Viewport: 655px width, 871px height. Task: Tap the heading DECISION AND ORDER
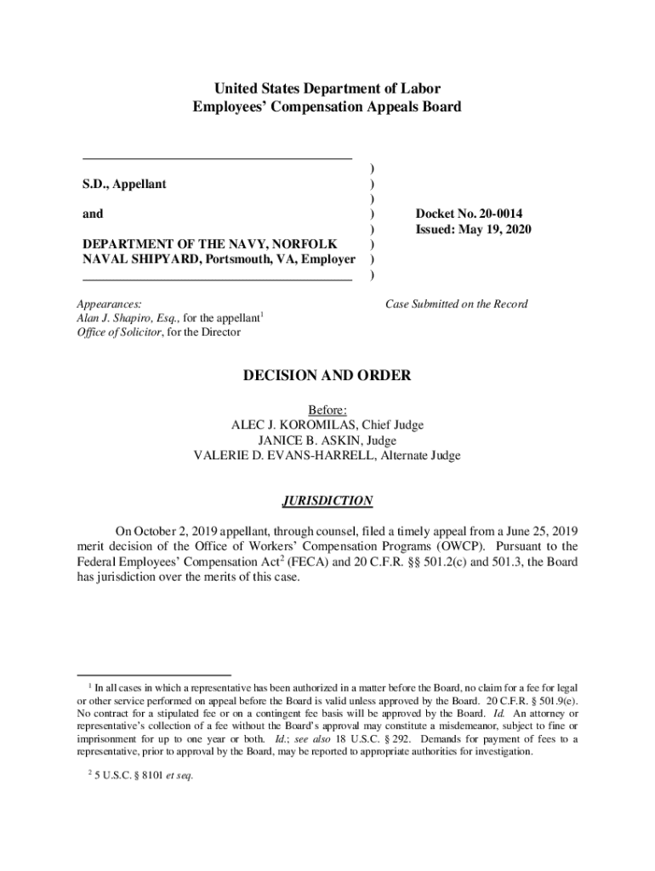[x=327, y=375]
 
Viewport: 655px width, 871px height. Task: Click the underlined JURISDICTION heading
[x=327, y=501]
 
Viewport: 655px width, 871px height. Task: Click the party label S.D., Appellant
[x=124, y=184]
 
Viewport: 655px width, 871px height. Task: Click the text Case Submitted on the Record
[x=457, y=304]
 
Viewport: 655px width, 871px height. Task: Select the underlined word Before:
[x=327, y=410]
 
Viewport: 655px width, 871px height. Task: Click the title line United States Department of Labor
[x=327, y=88]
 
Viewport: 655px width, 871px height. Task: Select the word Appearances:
[x=109, y=304]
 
